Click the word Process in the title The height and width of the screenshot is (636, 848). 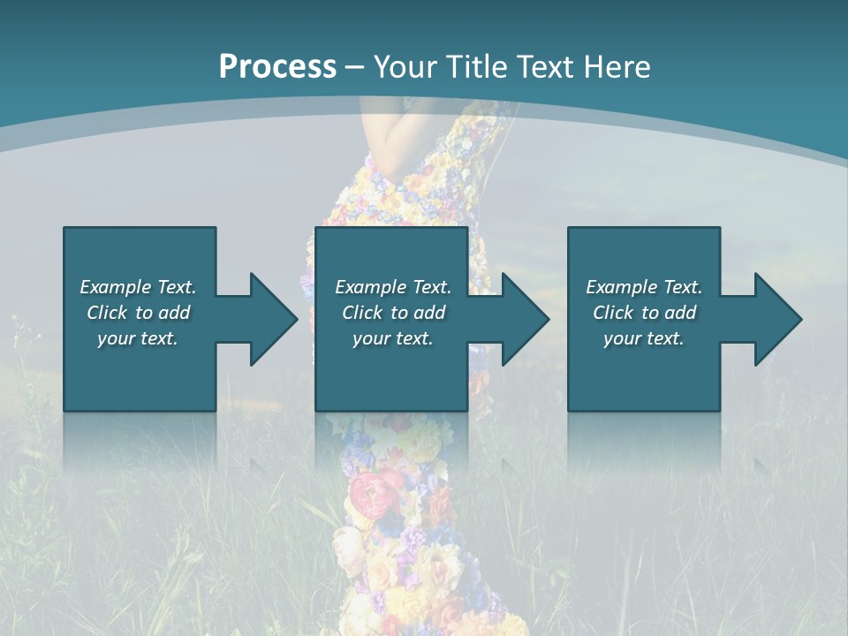click(277, 67)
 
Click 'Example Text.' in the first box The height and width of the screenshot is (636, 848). click(139, 287)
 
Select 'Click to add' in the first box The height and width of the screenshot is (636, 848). click(139, 313)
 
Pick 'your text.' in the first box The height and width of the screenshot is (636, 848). click(139, 338)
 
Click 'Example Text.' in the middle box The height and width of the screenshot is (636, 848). click(393, 287)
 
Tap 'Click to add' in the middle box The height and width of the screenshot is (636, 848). click(393, 313)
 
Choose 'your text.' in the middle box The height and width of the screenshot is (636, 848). click(393, 338)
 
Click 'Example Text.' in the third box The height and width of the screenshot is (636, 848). click(644, 287)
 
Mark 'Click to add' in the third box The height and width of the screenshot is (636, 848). click(644, 313)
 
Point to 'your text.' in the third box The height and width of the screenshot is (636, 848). click(644, 338)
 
